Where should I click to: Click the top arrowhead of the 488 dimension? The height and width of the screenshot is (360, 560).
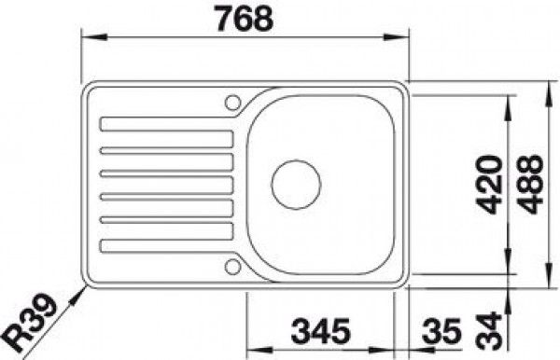pos(547,87)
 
